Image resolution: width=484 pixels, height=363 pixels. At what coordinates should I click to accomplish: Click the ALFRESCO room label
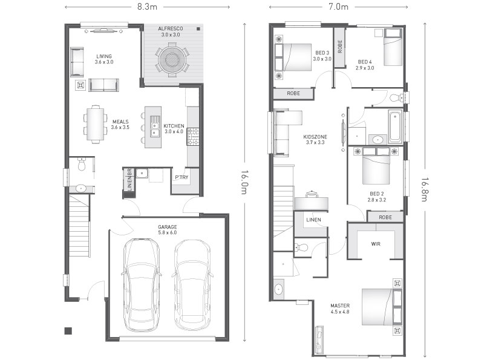tap(171, 28)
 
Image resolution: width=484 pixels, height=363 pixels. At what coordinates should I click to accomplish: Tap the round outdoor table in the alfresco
tap(172, 59)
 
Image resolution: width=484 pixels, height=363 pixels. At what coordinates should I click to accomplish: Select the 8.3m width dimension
tap(147, 7)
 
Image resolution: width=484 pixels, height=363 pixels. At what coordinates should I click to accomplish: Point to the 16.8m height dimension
tap(425, 189)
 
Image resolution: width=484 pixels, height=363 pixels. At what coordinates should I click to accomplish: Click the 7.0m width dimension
tap(338, 7)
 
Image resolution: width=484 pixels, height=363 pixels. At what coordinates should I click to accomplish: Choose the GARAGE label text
tap(168, 227)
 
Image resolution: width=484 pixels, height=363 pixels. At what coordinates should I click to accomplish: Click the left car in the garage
tap(141, 284)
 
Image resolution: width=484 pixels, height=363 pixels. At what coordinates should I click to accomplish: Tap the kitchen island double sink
tap(155, 126)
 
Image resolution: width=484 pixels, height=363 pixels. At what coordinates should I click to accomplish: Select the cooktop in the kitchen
tap(193, 137)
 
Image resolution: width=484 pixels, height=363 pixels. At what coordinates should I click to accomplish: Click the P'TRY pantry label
tap(181, 177)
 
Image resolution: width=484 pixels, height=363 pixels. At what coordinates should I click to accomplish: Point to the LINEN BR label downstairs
tap(129, 179)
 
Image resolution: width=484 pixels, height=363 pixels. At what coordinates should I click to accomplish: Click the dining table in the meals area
tap(96, 125)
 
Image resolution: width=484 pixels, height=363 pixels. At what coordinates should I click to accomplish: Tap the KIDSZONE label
tap(315, 137)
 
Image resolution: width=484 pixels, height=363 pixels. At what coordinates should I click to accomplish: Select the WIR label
tap(376, 244)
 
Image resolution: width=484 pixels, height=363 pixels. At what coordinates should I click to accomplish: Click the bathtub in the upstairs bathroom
tap(396, 126)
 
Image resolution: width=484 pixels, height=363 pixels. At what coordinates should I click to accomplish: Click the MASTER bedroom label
tap(340, 306)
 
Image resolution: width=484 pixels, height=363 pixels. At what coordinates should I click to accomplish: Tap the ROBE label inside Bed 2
tap(385, 217)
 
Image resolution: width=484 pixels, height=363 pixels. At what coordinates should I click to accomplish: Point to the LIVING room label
tap(104, 56)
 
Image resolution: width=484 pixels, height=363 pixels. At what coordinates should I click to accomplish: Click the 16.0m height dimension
tap(244, 182)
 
